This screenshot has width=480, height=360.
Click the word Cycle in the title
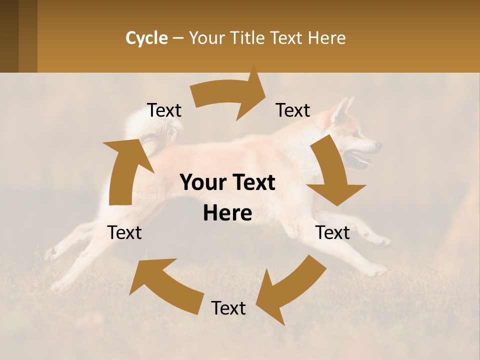coord(146,38)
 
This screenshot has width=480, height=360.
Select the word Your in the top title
coord(206,38)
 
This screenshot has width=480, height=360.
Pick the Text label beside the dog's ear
coord(293,110)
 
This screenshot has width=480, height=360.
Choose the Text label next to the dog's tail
coord(164,110)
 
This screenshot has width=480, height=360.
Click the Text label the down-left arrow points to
coord(228,308)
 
